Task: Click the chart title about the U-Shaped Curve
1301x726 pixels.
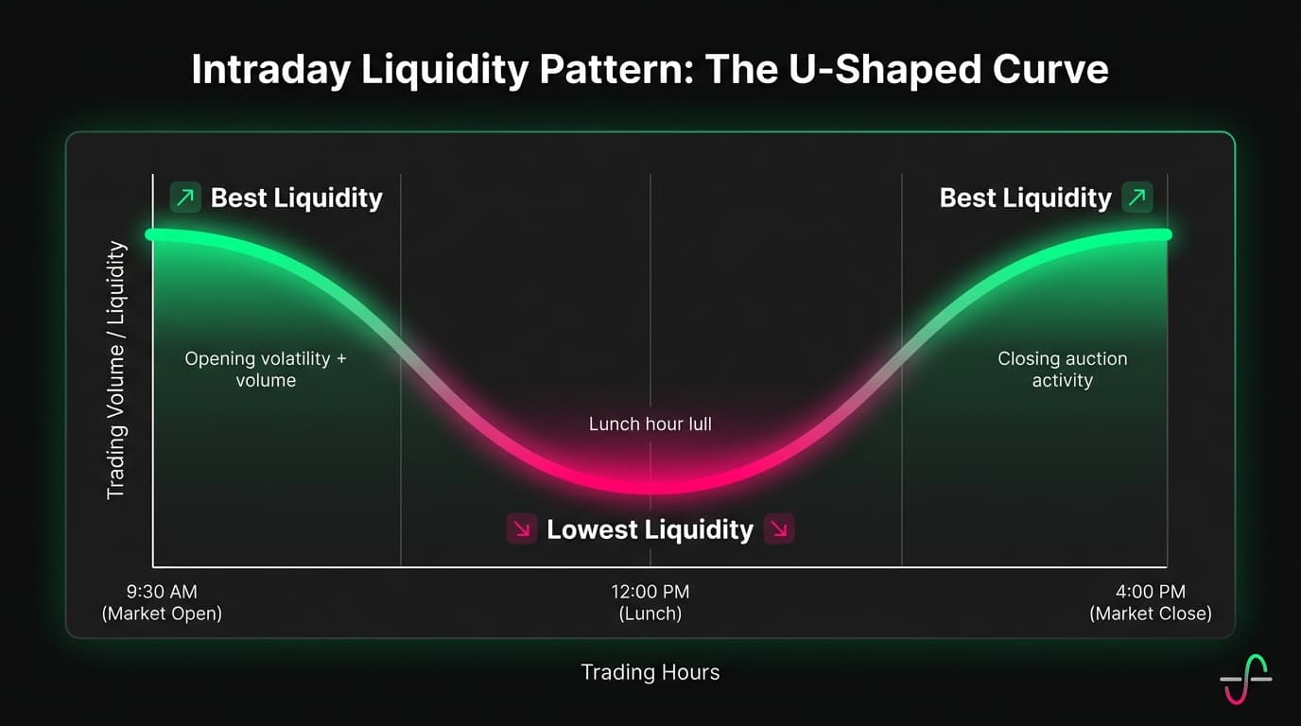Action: (x=650, y=71)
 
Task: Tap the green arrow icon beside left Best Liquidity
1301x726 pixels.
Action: (x=185, y=198)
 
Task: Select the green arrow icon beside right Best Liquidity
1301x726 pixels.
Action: (x=1136, y=198)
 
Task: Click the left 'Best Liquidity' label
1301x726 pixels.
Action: (x=296, y=198)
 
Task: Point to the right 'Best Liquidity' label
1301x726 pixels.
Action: (x=1025, y=198)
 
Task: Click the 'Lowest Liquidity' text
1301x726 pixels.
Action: (x=650, y=529)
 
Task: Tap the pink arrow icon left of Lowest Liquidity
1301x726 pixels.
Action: (x=522, y=529)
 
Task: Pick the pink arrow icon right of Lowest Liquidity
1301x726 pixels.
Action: (x=779, y=529)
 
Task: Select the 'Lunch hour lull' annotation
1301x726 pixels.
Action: (x=650, y=424)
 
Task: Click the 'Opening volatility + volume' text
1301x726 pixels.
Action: (x=266, y=370)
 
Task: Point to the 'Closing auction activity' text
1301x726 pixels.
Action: (x=1062, y=370)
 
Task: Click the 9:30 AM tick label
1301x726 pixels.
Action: (x=162, y=602)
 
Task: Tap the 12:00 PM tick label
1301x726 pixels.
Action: (x=650, y=602)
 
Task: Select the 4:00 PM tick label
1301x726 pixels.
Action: (x=1150, y=602)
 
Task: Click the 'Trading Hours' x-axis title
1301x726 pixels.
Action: (x=650, y=672)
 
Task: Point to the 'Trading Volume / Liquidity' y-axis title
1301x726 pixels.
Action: (x=116, y=370)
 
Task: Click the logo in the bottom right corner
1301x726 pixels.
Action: (x=1245, y=679)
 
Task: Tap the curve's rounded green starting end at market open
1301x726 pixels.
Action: (x=151, y=234)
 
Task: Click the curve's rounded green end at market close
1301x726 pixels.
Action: (x=1166, y=234)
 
